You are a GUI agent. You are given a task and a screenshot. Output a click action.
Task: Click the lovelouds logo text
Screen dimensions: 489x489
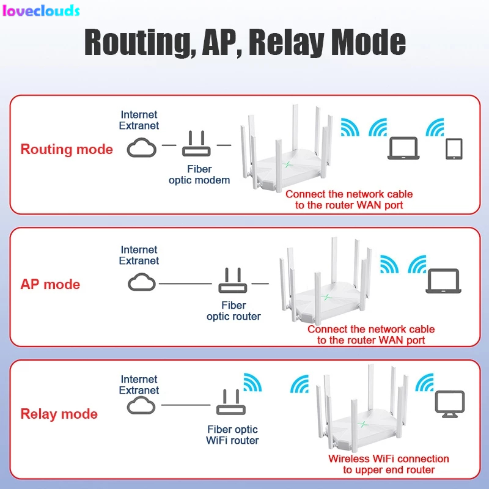tap(41, 10)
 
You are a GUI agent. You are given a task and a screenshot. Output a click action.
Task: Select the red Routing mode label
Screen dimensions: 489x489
tap(67, 149)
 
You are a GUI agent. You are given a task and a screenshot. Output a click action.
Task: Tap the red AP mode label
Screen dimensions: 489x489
tap(50, 284)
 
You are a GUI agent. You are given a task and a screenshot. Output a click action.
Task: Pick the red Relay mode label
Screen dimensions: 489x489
tap(59, 414)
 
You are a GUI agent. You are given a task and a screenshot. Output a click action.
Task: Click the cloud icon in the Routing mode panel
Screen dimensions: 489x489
tap(142, 147)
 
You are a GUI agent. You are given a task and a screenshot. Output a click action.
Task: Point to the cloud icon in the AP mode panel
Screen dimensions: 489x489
tap(142, 282)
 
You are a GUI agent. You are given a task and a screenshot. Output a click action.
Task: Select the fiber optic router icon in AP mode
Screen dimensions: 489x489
tap(232, 282)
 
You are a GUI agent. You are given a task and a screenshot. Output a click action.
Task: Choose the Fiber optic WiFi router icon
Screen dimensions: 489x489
tap(230, 404)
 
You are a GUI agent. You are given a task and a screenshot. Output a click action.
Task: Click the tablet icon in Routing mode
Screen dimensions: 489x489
tap(454, 149)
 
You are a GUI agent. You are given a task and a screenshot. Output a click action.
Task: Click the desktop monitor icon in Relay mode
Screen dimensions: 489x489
tap(449, 405)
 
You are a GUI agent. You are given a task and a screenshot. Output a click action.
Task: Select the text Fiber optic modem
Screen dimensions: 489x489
tap(199, 174)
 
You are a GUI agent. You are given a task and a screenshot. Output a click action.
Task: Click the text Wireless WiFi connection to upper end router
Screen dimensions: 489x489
tap(388, 464)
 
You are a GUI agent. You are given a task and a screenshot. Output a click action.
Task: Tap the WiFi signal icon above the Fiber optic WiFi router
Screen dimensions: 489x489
tap(252, 382)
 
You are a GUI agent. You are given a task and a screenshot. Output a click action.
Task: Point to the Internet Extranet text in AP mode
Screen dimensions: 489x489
tap(139, 255)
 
